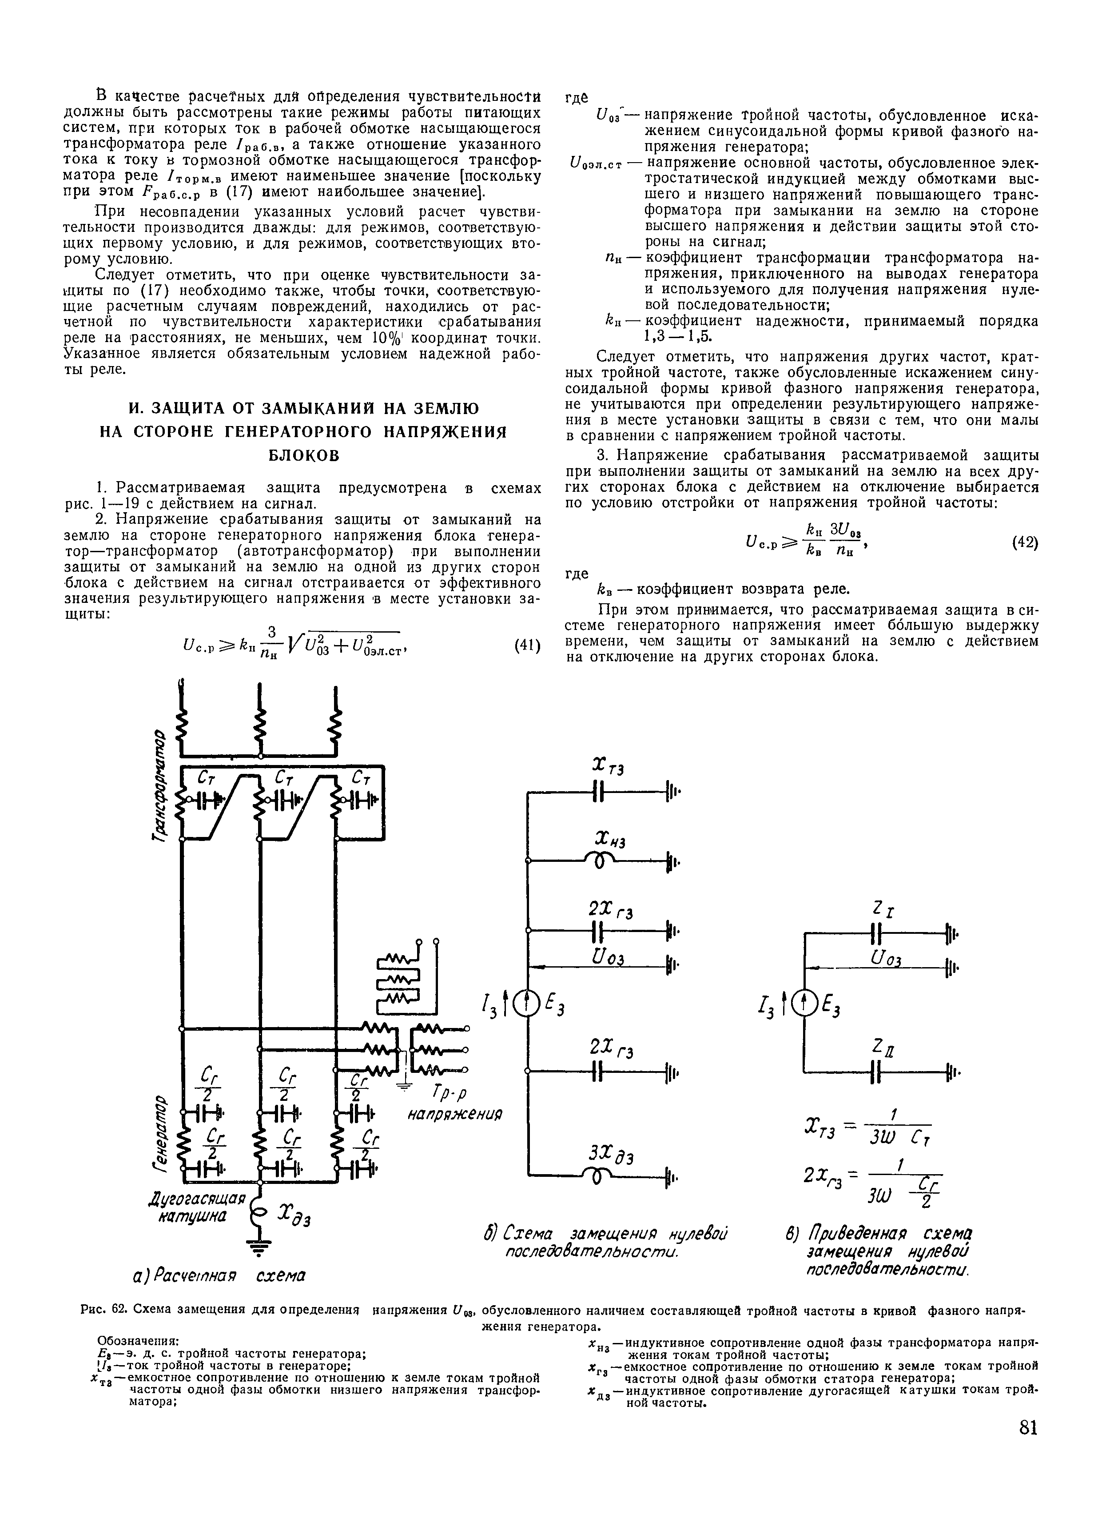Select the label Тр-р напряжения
456,1104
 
